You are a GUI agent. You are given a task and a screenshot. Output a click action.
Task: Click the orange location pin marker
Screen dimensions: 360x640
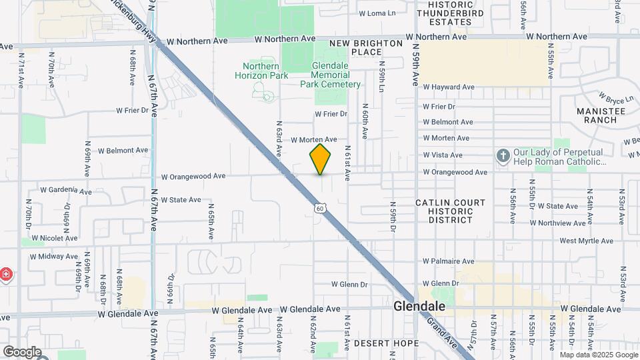pos(320,159)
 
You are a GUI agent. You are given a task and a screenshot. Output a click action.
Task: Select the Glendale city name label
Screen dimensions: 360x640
pos(419,307)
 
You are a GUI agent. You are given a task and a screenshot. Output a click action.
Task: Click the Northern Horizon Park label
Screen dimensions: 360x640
pos(261,71)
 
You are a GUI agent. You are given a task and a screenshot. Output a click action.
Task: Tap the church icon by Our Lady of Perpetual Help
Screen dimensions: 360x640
pos(503,157)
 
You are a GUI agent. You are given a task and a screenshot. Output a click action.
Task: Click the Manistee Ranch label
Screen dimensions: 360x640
pos(601,115)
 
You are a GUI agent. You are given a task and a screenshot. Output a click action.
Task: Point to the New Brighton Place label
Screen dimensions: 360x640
pos(366,47)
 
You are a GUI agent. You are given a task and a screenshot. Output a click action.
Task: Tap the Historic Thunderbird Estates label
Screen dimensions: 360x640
pos(445,13)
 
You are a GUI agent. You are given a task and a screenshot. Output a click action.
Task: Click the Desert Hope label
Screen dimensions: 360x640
pos(386,343)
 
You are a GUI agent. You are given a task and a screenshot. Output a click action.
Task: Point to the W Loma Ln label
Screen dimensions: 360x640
pos(377,13)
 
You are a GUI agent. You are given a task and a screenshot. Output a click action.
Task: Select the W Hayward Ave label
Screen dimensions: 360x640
pos(448,87)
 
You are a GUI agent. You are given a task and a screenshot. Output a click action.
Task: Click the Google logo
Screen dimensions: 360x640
pos(21,351)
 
